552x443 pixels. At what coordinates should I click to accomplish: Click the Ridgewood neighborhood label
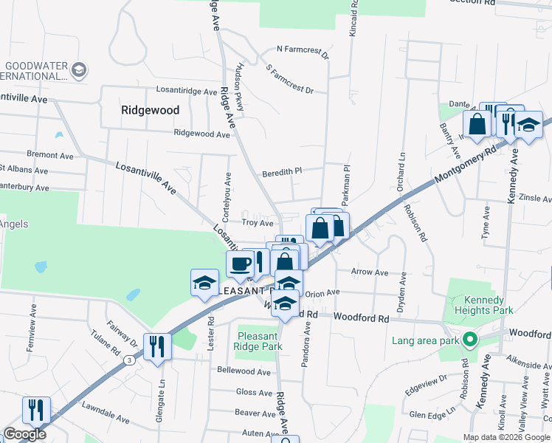(150, 109)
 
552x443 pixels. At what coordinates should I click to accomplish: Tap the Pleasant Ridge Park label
(258, 340)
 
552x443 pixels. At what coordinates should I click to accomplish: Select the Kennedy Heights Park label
(483, 305)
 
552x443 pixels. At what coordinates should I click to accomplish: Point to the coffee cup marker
(241, 264)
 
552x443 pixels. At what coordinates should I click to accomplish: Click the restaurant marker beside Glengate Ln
(156, 346)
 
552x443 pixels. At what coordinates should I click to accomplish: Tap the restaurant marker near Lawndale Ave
(35, 410)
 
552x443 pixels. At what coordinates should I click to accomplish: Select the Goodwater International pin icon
(79, 71)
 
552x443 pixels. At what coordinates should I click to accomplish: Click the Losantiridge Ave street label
(187, 91)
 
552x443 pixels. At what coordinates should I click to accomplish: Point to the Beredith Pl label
(282, 174)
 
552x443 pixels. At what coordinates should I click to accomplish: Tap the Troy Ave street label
(258, 222)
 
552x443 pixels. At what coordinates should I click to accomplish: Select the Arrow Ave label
(370, 272)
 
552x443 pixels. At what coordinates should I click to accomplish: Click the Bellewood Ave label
(244, 371)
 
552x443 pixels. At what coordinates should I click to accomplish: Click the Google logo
(25, 434)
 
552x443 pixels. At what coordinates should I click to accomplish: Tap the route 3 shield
(128, 360)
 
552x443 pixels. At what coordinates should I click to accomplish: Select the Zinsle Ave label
(535, 199)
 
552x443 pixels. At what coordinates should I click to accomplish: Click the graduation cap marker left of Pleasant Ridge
(205, 282)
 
